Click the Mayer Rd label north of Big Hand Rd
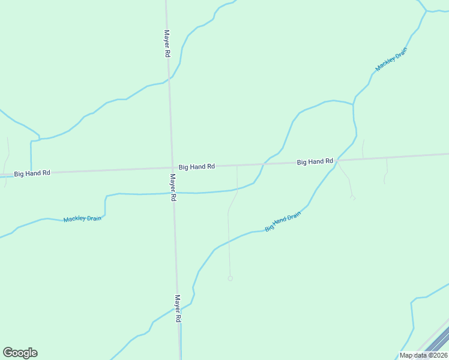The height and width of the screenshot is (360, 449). (x=167, y=43)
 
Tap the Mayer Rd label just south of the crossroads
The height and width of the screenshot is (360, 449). (x=172, y=187)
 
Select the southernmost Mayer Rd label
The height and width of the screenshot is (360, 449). (x=178, y=309)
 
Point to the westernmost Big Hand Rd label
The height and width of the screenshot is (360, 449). (x=32, y=173)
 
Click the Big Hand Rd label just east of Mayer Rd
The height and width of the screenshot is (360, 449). (x=197, y=166)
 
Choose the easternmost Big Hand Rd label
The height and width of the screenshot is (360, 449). (x=315, y=161)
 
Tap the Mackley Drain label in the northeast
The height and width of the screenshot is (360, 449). (x=391, y=59)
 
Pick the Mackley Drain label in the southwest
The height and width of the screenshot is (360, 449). (x=82, y=219)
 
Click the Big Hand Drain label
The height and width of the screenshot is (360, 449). (x=282, y=221)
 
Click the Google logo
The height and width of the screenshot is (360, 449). (x=20, y=353)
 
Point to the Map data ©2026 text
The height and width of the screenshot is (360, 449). (x=423, y=355)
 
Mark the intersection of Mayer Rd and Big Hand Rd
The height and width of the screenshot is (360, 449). (x=172, y=167)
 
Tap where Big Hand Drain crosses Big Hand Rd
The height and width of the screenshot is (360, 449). (x=337, y=160)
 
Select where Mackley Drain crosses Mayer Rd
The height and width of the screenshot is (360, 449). (x=173, y=193)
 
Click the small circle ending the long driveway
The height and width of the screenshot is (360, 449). (x=230, y=278)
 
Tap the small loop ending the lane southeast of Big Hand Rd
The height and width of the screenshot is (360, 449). (x=352, y=197)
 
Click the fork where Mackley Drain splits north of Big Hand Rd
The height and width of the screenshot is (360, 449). (x=353, y=104)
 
